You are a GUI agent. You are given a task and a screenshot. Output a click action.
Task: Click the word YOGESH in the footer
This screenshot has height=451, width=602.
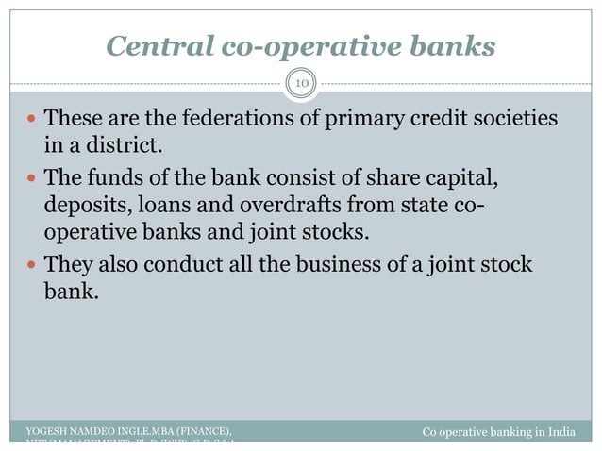(50, 432)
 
